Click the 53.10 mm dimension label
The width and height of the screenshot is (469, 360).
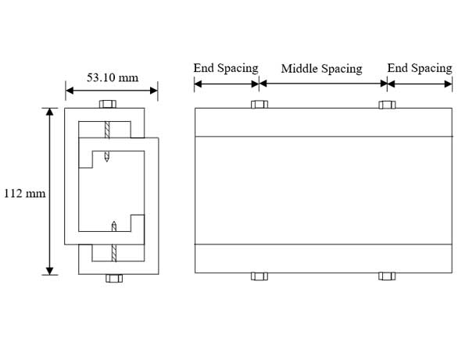[113, 77]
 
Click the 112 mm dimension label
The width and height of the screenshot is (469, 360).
[24, 194]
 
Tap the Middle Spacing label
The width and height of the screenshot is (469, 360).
[321, 69]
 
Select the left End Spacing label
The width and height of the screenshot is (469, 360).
[226, 69]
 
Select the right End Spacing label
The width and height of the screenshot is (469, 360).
[420, 69]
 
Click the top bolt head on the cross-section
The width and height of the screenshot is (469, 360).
[108, 104]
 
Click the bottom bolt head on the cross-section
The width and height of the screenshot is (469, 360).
[114, 278]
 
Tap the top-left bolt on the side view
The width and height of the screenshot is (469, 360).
[260, 105]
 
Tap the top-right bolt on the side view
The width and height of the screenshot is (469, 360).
[387, 105]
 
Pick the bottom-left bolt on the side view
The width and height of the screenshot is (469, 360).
[260, 276]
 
